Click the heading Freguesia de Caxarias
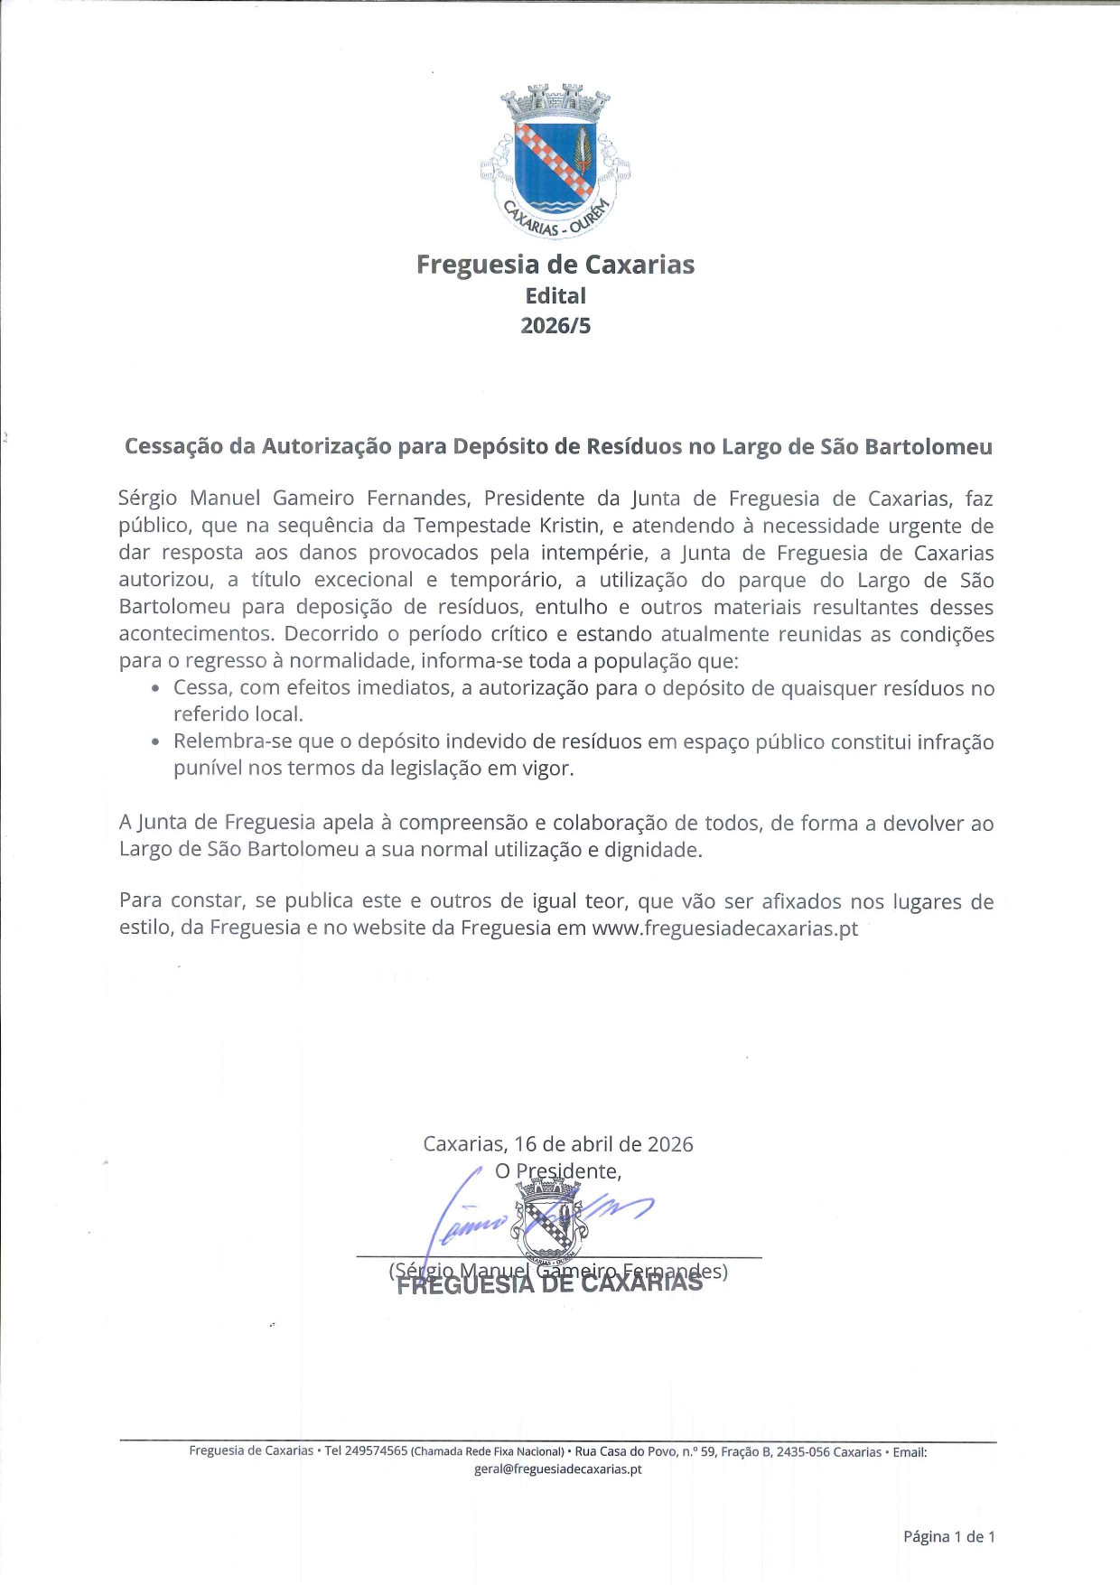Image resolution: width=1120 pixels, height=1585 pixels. coord(555,265)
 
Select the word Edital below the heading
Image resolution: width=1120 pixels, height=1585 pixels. coord(555,296)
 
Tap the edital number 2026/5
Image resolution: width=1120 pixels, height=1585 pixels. coord(555,326)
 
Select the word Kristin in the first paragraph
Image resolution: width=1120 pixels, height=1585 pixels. coord(569,526)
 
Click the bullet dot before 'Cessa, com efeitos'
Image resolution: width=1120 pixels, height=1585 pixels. coord(156,688)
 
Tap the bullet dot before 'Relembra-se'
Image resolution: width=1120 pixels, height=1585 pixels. coord(156,742)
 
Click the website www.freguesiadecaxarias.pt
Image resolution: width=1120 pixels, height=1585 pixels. coord(724,928)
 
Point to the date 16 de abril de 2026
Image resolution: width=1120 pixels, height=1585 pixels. coord(603,1144)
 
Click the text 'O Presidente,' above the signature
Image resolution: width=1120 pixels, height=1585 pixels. coord(557,1171)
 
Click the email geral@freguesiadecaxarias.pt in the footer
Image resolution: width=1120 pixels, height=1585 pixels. coord(557,1469)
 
